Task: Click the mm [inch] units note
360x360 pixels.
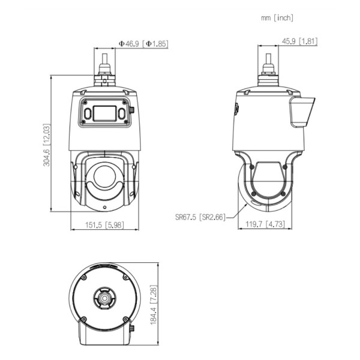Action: [277, 18]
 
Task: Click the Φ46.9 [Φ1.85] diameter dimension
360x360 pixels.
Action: [143, 44]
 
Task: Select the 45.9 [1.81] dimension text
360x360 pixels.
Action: [299, 41]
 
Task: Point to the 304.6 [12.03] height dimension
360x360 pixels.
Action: [46, 145]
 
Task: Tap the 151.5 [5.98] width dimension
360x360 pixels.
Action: [104, 225]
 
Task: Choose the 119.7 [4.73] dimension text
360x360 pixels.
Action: [265, 224]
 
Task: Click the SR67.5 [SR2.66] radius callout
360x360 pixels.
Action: [200, 217]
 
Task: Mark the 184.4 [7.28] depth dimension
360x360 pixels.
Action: [154, 305]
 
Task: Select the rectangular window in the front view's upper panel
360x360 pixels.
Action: [104, 113]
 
